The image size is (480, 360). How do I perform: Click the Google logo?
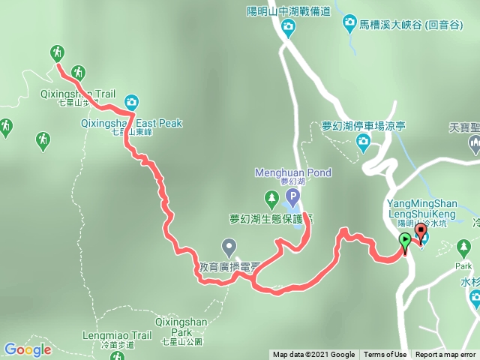[27, 349]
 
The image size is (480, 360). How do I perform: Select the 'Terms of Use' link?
[385, 355]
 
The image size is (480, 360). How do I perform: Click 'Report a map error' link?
[447, 355]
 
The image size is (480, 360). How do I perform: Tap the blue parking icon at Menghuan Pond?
[292, 199]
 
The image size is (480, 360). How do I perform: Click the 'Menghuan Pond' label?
[293, 172]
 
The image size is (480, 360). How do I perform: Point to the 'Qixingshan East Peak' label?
[132, 123]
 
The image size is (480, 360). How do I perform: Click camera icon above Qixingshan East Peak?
[131, 101]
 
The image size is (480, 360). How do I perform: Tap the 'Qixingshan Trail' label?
[79, 94]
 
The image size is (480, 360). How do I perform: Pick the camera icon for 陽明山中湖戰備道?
[288, 28]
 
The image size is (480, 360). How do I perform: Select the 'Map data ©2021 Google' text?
[313, 355]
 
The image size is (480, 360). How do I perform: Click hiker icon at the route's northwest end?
[57, 52]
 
